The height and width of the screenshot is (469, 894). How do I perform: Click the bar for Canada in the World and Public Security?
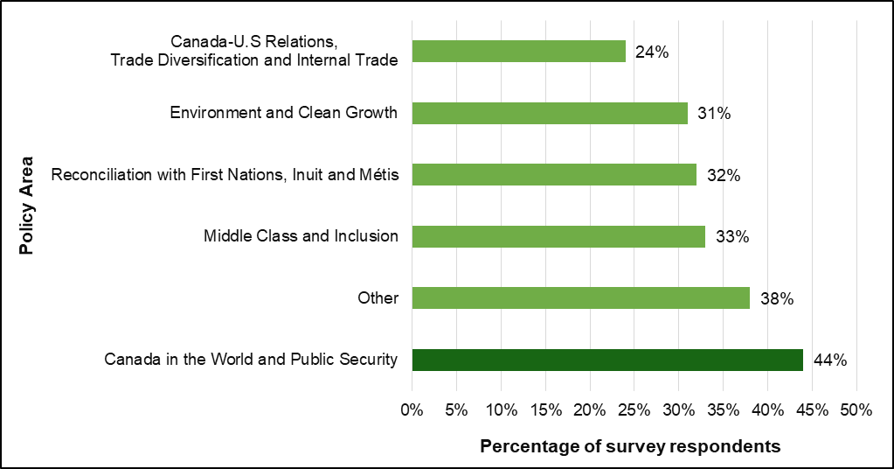606,360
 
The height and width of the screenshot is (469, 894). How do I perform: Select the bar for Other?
580,298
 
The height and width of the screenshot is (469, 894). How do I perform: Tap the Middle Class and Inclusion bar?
558,236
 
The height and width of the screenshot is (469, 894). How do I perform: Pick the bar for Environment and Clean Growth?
549,113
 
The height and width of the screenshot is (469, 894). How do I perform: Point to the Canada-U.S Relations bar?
518,52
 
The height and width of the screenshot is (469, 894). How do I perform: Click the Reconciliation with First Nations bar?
553,175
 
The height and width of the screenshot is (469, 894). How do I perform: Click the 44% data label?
829,360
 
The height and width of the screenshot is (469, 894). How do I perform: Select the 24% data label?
652,52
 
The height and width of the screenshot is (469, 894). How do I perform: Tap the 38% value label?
776,298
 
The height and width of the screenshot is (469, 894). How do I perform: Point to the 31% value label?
714,113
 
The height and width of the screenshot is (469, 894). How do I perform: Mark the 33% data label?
731,236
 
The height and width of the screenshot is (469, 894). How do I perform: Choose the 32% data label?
723,175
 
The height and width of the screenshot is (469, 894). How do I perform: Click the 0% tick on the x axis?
412,409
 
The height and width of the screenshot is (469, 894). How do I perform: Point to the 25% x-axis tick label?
634,409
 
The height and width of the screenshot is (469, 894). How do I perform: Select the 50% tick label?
856,409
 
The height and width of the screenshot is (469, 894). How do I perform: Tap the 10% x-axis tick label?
501,409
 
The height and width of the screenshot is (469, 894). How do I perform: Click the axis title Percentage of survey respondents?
630,447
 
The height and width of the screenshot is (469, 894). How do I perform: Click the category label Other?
378,298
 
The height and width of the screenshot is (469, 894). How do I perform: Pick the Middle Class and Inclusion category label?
301,236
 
